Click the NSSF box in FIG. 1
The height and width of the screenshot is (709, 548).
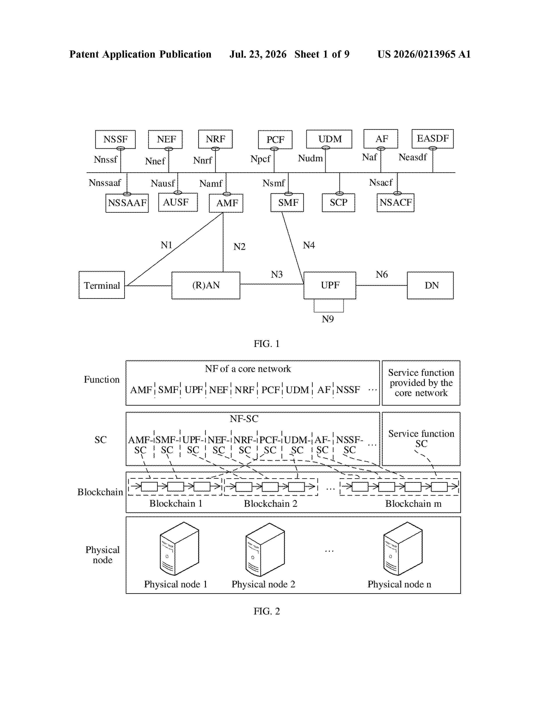(x=115, y=139)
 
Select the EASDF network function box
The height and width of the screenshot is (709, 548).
(x=432, y=139)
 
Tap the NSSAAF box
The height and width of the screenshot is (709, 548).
(x=127, y=203)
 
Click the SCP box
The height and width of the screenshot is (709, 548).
(x=338, y=203)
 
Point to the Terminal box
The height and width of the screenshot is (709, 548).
(x=102, y=285)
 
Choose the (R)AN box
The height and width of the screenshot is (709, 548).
(x=206, y=285)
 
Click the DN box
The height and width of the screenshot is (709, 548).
(x=430, y=285)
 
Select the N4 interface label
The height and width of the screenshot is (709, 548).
(x=309, y=245)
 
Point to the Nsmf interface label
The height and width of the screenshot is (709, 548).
(x=274, y=183)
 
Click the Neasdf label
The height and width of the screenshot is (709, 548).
(x=413, y=157)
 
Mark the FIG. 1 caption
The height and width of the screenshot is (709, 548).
(x=266, y=344)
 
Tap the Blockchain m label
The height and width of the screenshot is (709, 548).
(x=413, y=504)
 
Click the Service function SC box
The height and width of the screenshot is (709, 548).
(x=421, y=439)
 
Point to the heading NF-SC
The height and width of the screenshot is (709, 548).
(x=244, y=419)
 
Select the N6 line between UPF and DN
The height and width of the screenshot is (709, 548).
(x=381, y=285)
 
